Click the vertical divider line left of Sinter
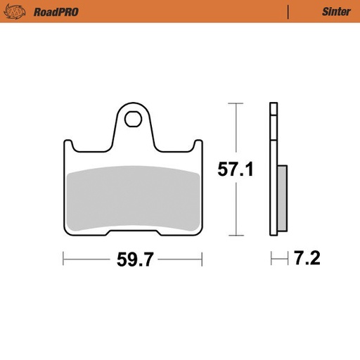pyautogui.click(x=288, y=11)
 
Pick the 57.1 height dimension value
pyautogui.click(x=235, y=169)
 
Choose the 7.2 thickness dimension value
pyautogui.click(x=307, y=259)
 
